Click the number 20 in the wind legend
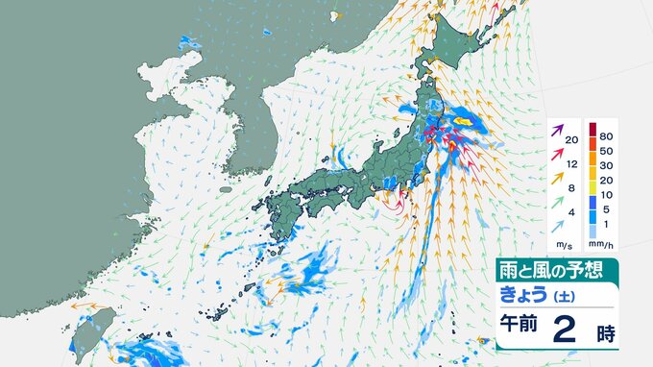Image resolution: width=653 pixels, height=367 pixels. [572, 141]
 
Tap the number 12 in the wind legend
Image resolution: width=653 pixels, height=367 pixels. [572, 164]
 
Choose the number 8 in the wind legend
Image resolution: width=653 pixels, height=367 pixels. [572, 188]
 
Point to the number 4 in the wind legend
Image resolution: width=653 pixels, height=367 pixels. [572, 212]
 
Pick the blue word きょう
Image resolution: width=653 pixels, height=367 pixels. [523, 295]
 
